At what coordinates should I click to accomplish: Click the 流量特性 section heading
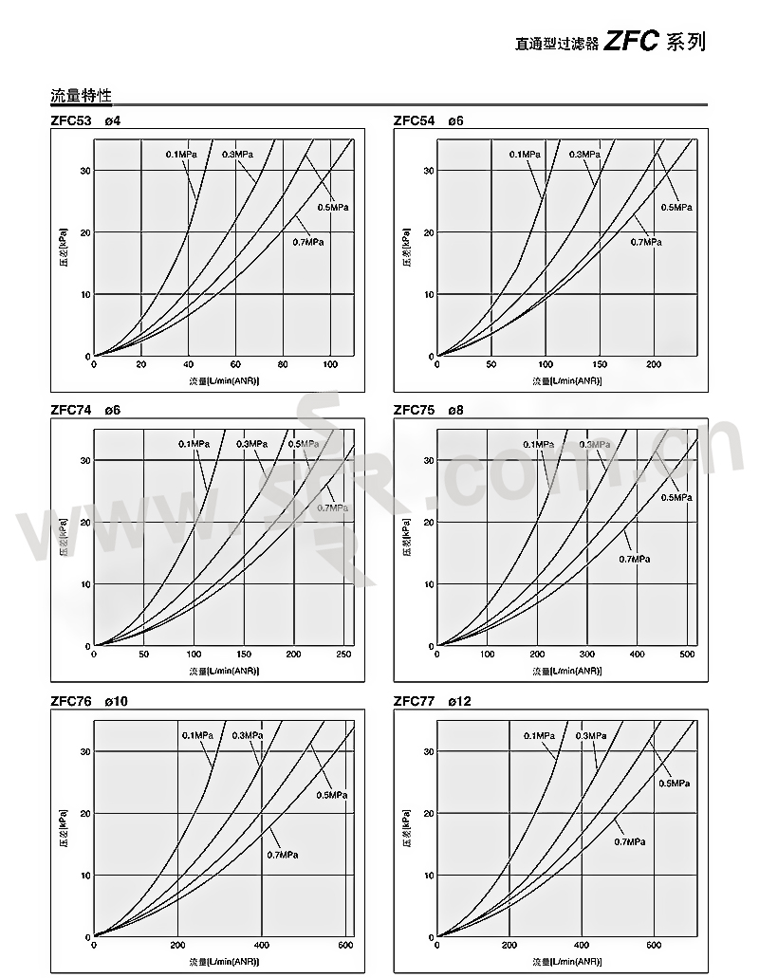(x=81, y=96)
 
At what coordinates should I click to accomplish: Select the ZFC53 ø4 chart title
(x=85, y=120)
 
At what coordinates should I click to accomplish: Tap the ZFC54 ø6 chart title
(x=428, y=120)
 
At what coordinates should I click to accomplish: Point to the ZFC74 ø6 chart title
(x=85, y=411)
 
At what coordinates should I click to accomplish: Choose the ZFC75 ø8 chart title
(x=428, y=411)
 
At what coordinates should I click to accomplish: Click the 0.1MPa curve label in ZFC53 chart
(x=182, y=154)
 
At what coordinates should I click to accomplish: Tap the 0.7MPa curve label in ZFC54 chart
(x=646, y=243)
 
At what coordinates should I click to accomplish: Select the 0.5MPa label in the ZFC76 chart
(x=331, y=795)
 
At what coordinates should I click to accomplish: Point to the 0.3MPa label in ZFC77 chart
(x=590, y=736)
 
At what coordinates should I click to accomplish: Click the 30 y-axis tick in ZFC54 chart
(x=428, y=171)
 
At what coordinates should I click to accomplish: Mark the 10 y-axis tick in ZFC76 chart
(x=85, y=876)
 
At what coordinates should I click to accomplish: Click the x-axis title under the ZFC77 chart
(x=566, y=961)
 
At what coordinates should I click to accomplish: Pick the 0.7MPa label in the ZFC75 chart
(x=635, y=560)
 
